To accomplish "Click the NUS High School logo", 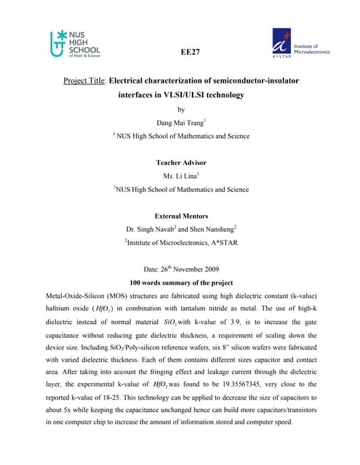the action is [x=75, y=44].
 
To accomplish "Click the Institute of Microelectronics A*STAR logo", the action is [x=300, y=44].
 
